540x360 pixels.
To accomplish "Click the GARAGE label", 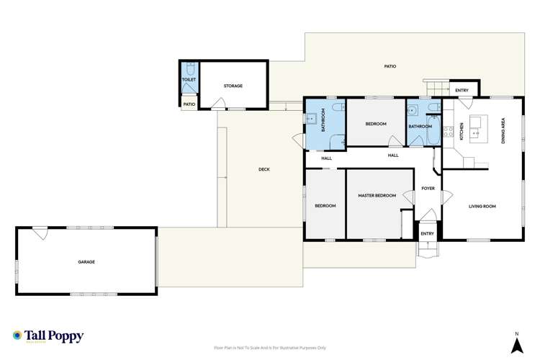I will pyautogui.click(x=86, y=262).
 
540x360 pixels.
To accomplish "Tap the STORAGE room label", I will pyautogui.click(x=233, y=86).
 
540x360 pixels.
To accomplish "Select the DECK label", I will pyautogui.click(x=264, y=170).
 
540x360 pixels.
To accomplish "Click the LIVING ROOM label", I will pyautogui.click(x=482, y=207).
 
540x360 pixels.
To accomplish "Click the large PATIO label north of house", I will pyautogui.click(x=390, y=66).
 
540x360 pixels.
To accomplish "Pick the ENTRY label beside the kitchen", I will pyautogui.click(x=462, y=90).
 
